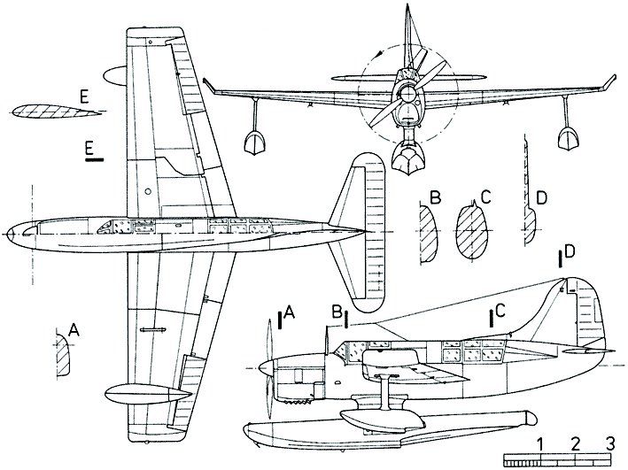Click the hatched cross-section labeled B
[426, 227]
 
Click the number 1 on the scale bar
[540, 443]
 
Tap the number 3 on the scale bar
[609, 443]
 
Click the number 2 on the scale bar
[576, 443]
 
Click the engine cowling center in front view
[407, 94]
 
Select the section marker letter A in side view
[291, 312]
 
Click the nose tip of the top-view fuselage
[6, 234]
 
